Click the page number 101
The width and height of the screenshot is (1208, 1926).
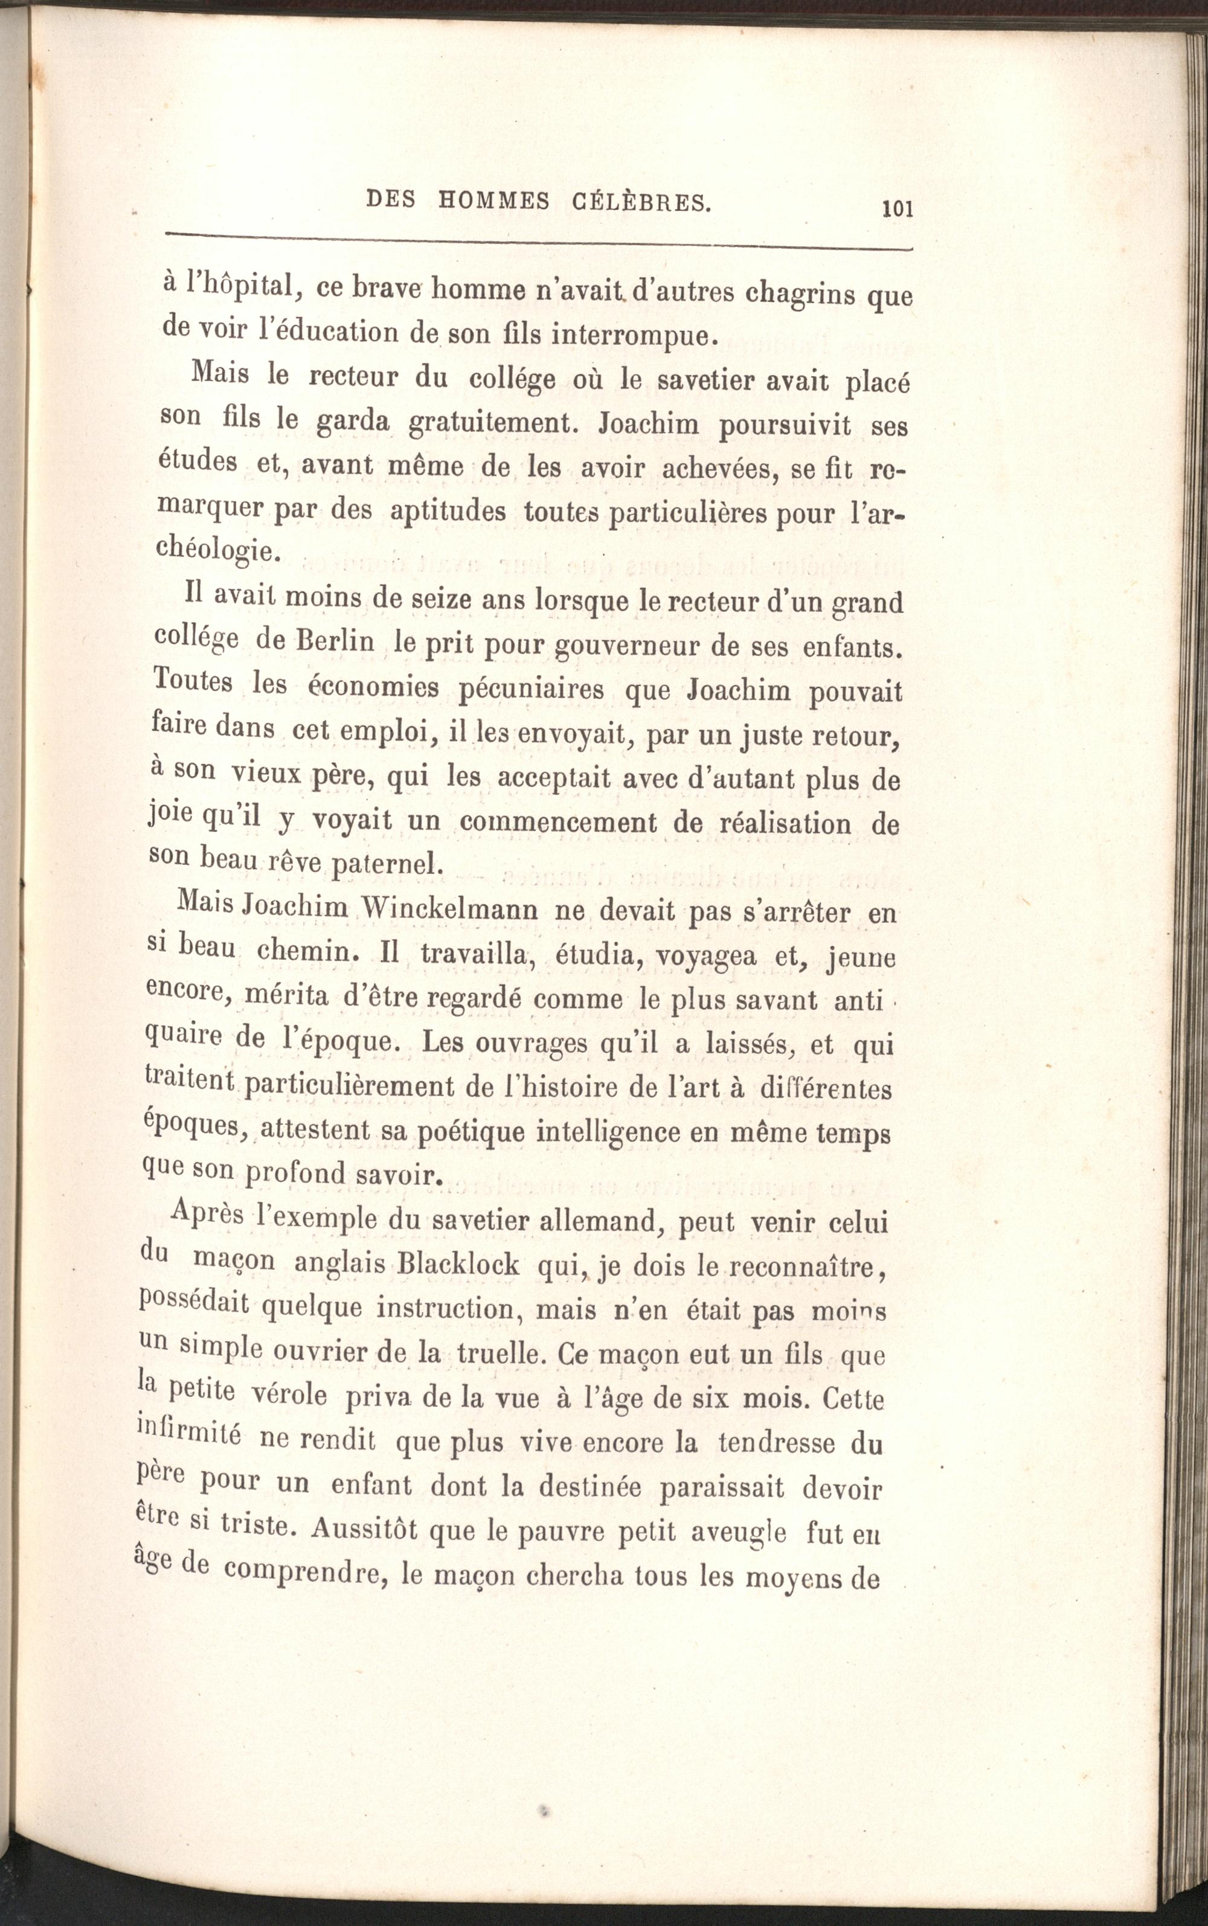point(896,210)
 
